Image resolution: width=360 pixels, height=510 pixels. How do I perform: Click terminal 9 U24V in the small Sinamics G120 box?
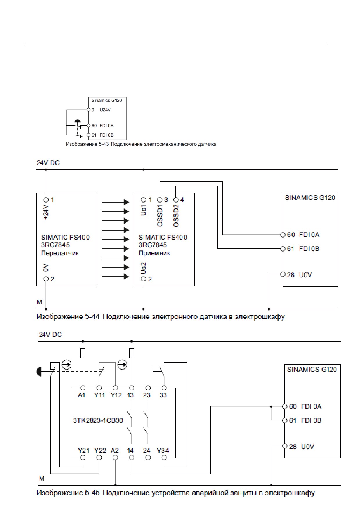click(89, 110)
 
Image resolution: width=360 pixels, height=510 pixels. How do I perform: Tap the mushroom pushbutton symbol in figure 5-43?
click(78, 121)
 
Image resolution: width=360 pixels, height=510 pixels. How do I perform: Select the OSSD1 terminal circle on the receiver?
click(160, 200)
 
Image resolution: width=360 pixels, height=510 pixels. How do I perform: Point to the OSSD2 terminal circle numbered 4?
click(176, 200)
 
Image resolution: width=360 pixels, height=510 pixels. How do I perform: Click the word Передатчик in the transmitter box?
click(60, 253)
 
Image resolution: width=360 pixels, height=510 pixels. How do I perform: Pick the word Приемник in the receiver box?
click(154, 253)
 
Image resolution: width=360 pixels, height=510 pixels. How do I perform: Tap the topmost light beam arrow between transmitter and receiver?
click(115, 202)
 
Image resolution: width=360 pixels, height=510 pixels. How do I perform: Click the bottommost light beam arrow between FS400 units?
click(115, 277)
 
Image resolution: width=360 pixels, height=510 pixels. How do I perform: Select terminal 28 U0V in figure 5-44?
click(283, 274)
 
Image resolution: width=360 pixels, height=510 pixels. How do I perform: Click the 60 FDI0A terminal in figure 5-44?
click(283, 235)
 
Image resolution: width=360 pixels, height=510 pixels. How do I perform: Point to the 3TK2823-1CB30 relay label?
click(98, 420)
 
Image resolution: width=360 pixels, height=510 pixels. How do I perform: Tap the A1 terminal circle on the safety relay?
click(83, 388)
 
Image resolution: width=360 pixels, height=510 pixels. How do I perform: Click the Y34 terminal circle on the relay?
click(164, 458)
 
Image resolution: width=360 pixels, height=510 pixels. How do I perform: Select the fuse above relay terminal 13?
click(132, 353)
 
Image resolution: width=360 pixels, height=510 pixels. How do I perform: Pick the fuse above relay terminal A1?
click(83, 353)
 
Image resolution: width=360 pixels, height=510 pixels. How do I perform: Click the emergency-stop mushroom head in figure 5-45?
click(39, 372)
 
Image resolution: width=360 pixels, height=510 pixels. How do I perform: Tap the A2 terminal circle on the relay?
click(115, 458)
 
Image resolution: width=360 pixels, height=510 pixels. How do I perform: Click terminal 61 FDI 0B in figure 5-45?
click(285, 420)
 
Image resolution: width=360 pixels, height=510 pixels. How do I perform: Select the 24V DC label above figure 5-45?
click(50, 334)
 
